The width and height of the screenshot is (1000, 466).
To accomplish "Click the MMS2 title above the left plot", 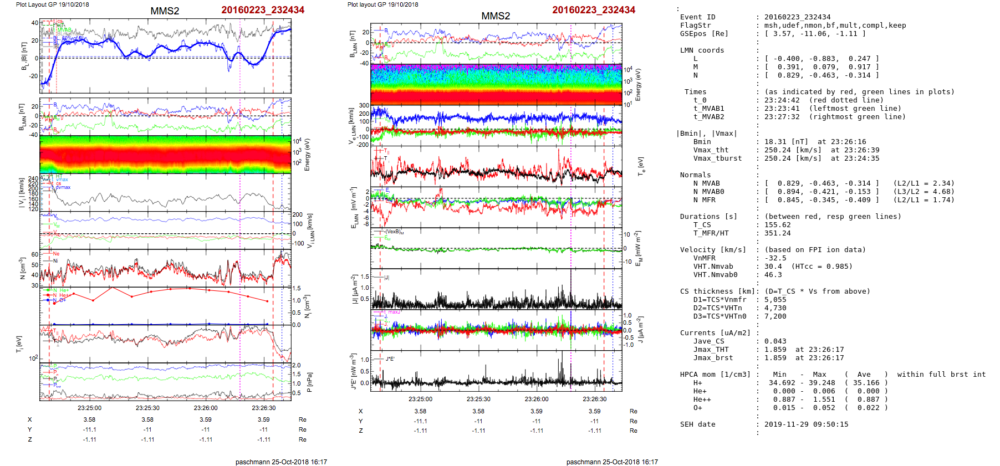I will point(165,11).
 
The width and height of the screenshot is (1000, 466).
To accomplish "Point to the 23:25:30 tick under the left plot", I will point(147,408).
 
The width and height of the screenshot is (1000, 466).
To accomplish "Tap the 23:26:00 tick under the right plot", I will point(536,399).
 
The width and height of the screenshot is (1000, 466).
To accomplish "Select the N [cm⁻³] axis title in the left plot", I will point(22,268).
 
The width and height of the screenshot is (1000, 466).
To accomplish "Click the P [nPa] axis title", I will point(309,382).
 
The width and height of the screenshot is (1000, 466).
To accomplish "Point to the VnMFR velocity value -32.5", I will point(775,258).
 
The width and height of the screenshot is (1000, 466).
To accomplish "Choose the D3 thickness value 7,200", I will point(775,316).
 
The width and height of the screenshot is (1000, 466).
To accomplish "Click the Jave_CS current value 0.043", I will point(775,341).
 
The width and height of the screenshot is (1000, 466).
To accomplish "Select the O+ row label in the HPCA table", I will point(697,408).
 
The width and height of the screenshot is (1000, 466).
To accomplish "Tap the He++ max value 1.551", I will point(824,400).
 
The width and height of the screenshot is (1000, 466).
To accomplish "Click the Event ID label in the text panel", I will point(697,17).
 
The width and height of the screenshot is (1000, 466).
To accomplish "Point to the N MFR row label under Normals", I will point(704,200).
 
